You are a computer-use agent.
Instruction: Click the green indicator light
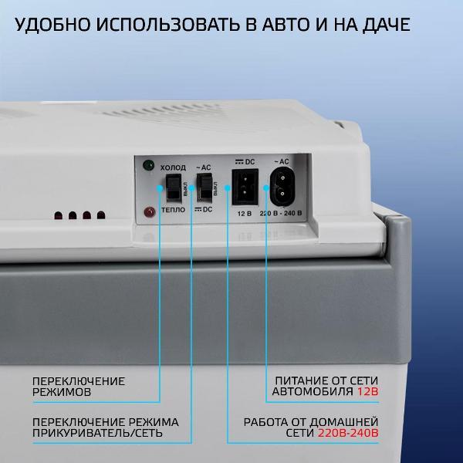[x=148, y=165]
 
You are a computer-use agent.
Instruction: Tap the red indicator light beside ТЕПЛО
[x=150, y=212]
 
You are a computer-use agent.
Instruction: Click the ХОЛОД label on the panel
[x=173, y=167]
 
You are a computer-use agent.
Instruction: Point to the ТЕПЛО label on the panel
[x=174, y=210]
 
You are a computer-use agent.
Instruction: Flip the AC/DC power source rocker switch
[x=204, y=188]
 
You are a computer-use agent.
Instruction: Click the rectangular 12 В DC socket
[x=245, y=187]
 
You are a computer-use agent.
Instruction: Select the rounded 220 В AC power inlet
[x=282, y=187]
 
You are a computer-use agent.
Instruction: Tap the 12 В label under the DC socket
[x=245, y=214]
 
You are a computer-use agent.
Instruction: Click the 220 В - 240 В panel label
[x=281, y=213]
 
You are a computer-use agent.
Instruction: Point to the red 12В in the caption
[x=367, y=391]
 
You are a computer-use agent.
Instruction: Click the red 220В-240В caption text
[x=348, y=433]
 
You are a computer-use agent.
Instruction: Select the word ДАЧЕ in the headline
[x=387, y=24]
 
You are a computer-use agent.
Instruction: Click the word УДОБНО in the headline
[x=52, y=24]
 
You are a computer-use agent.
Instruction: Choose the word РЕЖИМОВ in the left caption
[x=62, y=392]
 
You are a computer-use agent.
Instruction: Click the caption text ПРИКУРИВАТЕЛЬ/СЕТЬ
[x=97, y=433]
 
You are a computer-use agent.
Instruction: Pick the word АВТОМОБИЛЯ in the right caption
[x=313, y=391]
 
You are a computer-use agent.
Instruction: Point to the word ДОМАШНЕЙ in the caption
[x=343, y=422]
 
